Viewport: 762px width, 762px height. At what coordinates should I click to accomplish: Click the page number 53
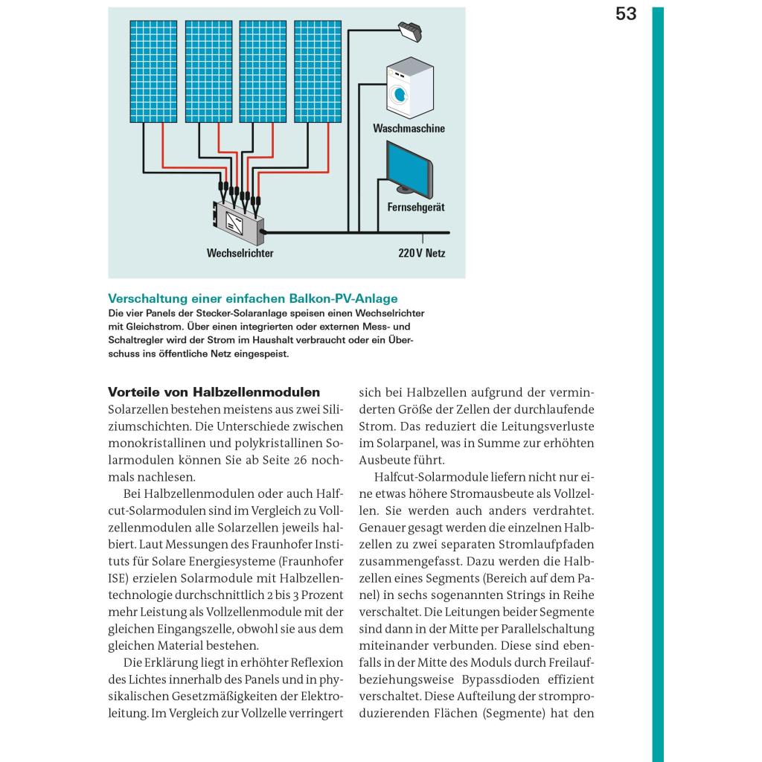[x=626, y=14]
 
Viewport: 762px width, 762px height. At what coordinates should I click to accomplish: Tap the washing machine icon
[x=409, y=90]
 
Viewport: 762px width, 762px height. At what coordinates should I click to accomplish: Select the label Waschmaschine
[x=409, y=129]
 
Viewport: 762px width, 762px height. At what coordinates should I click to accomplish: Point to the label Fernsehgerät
[x=416, y=208]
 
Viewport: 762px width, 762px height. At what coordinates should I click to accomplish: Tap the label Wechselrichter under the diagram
[x=240, y=254]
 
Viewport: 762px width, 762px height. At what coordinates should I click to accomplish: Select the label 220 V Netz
[x=421, y=254]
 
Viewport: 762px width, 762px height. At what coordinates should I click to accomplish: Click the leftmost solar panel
[x=154, y=71]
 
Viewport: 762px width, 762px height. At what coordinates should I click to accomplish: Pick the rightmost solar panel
[x=318, y=71]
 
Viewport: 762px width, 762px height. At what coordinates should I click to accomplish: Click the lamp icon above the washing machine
[x=411, y=31]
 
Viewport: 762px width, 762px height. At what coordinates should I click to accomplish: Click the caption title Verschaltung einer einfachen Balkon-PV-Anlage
[x=253, y=298]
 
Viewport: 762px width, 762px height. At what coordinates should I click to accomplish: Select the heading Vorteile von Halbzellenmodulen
[x=214, y=392]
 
